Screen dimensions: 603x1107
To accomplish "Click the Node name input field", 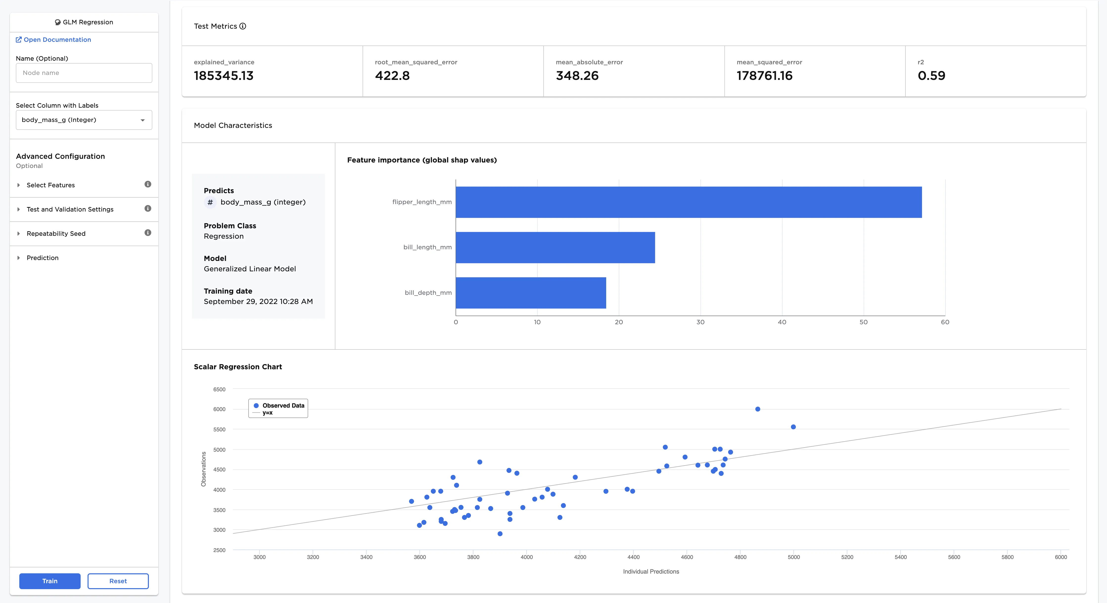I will point(84,73).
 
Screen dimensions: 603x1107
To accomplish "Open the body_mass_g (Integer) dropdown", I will point(84,120).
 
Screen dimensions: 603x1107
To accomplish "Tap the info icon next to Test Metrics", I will point(243,26).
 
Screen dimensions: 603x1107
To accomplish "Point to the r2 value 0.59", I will point(931,76).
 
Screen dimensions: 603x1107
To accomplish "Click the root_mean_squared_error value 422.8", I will point(392,76).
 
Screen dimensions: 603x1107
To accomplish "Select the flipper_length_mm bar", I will point(689,202).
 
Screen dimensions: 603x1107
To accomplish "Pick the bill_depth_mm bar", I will point(531,293).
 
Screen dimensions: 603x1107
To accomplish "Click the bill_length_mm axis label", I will point(427,247).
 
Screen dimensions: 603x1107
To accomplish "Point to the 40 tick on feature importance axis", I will point(782,322).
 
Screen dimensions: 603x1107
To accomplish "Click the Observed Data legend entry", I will point(283,405).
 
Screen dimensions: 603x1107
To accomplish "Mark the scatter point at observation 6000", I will point(758,409).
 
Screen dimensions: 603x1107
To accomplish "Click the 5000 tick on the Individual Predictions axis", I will point(793,557).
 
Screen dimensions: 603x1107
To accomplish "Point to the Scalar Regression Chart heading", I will point(238,367).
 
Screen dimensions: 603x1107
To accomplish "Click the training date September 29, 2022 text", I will point(258,301).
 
